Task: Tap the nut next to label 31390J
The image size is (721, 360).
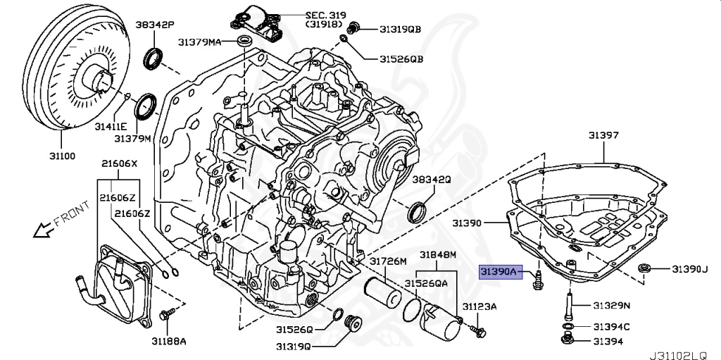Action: click(x=644, y=268)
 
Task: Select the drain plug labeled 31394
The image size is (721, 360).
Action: click(x=567, y=341)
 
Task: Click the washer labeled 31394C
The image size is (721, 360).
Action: click(x=568, y=327)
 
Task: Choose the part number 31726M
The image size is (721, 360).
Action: click(x=389, y=261)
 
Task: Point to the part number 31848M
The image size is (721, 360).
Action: click(x=438, y=254)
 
